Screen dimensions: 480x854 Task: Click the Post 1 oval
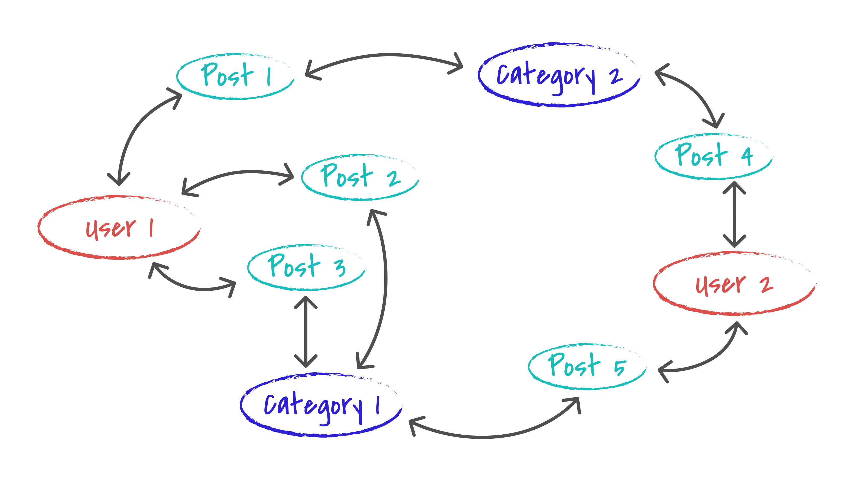coord(235,76)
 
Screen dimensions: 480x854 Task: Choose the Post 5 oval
coord(587,366)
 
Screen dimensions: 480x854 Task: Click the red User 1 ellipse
coord(119,227)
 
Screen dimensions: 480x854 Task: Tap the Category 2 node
coord(559,75)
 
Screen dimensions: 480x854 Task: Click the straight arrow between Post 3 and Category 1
coord(306,331)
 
